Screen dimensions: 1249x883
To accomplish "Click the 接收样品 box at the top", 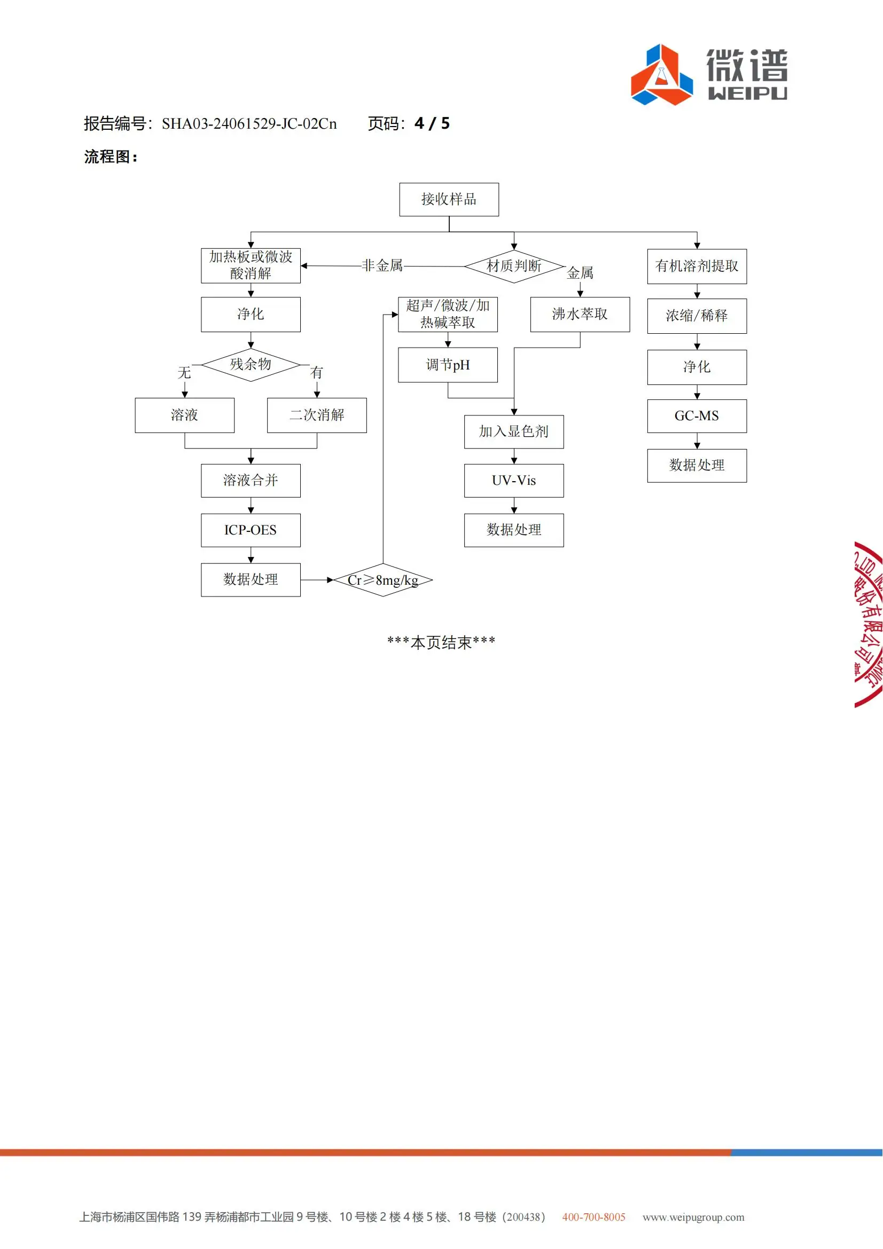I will tap(449, 199).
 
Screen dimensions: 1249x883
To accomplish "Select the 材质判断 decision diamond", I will tap(513, 266).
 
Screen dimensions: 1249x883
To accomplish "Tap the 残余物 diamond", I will tap(251, 365).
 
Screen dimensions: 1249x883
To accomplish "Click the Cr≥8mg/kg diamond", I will tap(383, 580).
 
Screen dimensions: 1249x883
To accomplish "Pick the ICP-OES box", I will tap(251, 530).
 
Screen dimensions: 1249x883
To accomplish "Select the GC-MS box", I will tap(697, 416).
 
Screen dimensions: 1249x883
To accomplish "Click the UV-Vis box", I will tap(513, 481).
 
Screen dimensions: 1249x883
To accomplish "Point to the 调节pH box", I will tap(448, 365).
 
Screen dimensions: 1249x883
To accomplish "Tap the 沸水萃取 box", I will tap(580, 314).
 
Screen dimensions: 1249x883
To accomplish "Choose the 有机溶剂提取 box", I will tap(697, 266).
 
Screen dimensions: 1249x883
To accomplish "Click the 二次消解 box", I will tap(317, 415).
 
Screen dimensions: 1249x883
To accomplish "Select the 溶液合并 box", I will tap(251, 481).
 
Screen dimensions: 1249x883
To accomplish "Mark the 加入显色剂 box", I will tap(513, 431).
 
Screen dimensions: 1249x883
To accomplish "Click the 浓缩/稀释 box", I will tap(697, 316).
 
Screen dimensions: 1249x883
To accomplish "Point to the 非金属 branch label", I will tap(382, 265).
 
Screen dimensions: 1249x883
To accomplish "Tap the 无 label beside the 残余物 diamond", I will tap(184, 373).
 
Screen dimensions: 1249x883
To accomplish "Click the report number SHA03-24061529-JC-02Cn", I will tap(249, 124).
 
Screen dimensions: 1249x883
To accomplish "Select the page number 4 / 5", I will tap(432, 123).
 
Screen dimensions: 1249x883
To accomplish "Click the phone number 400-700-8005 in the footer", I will tap(593, 1217).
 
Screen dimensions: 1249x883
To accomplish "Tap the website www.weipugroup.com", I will tap(693, 1217).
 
